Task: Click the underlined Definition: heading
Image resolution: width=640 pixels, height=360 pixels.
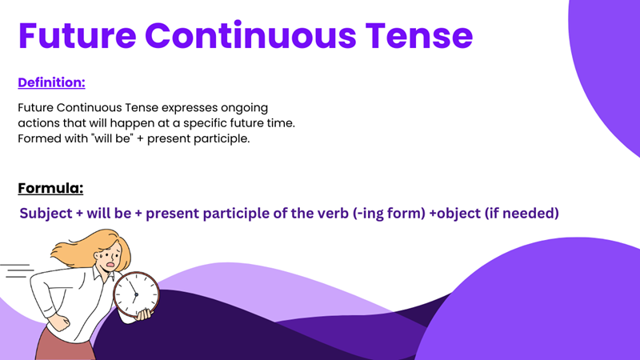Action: coord(51,82)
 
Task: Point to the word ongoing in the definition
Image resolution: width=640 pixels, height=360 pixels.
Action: coord(246,107)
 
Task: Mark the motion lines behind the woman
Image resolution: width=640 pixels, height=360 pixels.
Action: coord(16,272)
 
